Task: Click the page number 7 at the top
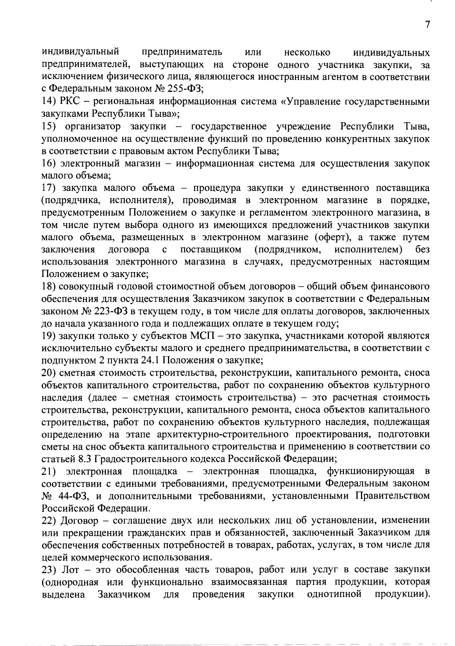click(x=427, y=25)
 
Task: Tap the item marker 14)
click(x=49, y=102)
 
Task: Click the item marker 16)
click(x=49, y=164)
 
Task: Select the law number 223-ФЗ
click(x=110, y=311)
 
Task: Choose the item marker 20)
click(x=50, y=373)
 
